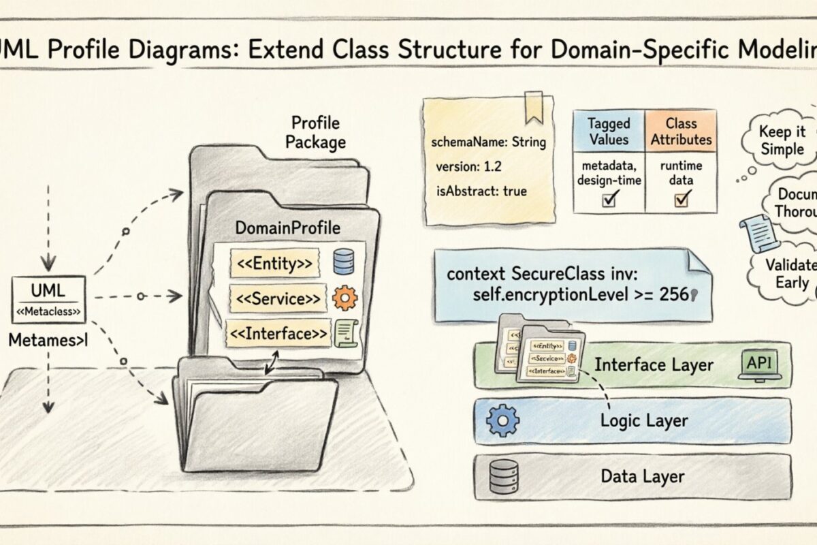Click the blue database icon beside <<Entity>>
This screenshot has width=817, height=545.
342,262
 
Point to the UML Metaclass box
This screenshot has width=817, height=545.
48,300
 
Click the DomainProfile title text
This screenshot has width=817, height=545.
287,228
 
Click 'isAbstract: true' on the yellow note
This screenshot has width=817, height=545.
481,191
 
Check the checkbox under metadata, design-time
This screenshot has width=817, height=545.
608,198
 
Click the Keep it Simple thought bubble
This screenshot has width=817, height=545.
781,141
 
